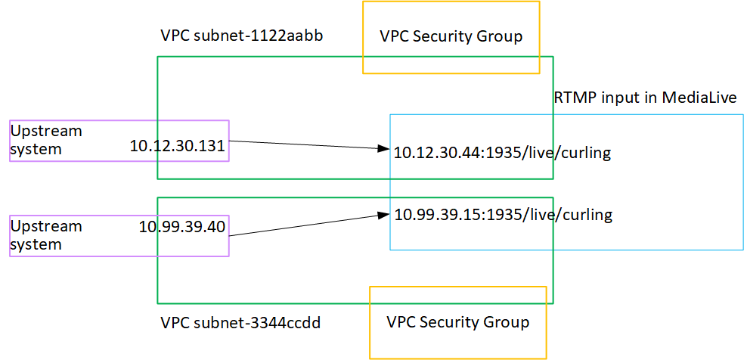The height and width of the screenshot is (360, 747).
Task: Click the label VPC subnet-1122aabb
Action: pyautogui.click(x=242, y=36)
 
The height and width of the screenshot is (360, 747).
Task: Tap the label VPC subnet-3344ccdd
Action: pyautogui.click(x=240, y=323)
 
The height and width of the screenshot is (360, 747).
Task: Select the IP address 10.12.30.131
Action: pyautogui.click(x=178, y=147)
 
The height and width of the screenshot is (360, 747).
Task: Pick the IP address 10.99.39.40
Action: pyautogui.click(x=182, y=226)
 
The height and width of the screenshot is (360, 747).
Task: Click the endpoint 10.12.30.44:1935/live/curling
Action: pyautogui.click(x=502, y=154)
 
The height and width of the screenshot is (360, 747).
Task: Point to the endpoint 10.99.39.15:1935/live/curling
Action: pyautogui.click(x=503, y=216)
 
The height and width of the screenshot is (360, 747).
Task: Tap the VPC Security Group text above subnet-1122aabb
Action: pyautogui.click(x=451, y=37)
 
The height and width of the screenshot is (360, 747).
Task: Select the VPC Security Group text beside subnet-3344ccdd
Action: pyautogui.click(x=457, y=322)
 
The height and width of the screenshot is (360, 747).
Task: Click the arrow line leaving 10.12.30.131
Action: pyautogui.click(x=302, y=144)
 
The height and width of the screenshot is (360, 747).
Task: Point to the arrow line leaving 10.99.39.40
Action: pyautogui.click(x=302, y=225)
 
